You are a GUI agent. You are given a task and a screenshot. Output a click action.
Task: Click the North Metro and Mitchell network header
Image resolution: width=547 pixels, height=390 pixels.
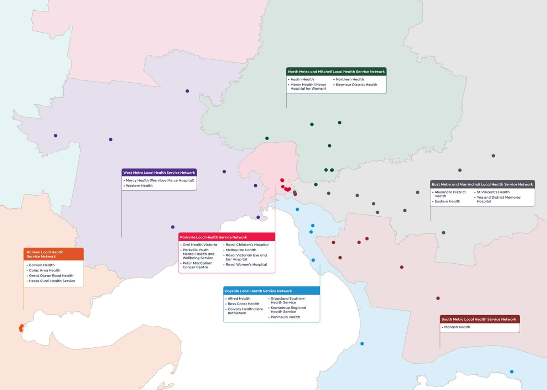336,72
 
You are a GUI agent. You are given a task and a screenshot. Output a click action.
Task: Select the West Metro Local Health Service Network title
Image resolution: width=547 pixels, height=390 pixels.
159,173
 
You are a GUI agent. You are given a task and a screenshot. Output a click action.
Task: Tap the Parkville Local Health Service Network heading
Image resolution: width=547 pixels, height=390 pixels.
214,237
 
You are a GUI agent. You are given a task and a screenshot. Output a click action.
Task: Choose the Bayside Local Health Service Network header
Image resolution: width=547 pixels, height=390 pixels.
259,291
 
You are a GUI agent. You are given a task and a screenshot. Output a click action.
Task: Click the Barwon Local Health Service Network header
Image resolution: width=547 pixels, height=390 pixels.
45,254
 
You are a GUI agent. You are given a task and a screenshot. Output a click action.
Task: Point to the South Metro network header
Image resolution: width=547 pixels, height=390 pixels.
479,319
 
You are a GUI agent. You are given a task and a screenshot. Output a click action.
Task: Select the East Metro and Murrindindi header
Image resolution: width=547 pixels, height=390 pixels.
482,184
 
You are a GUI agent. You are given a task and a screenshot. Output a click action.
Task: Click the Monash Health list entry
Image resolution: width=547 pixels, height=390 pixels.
457,327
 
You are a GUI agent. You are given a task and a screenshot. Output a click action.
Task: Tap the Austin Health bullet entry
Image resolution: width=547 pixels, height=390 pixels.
302,79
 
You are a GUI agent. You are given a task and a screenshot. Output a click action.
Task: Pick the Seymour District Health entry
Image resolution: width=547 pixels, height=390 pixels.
356,85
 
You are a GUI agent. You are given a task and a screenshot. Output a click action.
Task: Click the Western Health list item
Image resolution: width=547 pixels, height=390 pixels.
139,186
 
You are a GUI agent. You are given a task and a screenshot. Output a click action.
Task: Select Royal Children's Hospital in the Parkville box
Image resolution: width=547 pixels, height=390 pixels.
247,245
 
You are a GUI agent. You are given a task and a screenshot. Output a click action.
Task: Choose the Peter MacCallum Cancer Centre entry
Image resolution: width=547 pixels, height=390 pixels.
197,265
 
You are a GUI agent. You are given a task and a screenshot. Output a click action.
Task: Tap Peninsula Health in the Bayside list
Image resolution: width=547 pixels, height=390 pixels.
285,317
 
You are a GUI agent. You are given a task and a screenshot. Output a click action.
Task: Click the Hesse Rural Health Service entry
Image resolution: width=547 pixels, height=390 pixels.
52,281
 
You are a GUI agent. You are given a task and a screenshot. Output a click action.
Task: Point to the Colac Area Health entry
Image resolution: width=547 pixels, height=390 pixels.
45,270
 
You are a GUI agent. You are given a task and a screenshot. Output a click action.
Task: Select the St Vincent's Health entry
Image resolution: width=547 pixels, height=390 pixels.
493,192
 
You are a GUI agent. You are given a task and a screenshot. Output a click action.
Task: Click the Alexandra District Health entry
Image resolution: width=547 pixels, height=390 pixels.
450,194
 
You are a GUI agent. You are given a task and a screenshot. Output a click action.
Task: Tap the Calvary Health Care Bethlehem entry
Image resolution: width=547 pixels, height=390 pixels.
245,311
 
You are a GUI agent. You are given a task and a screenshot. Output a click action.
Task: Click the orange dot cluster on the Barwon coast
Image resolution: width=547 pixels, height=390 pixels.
21,328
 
